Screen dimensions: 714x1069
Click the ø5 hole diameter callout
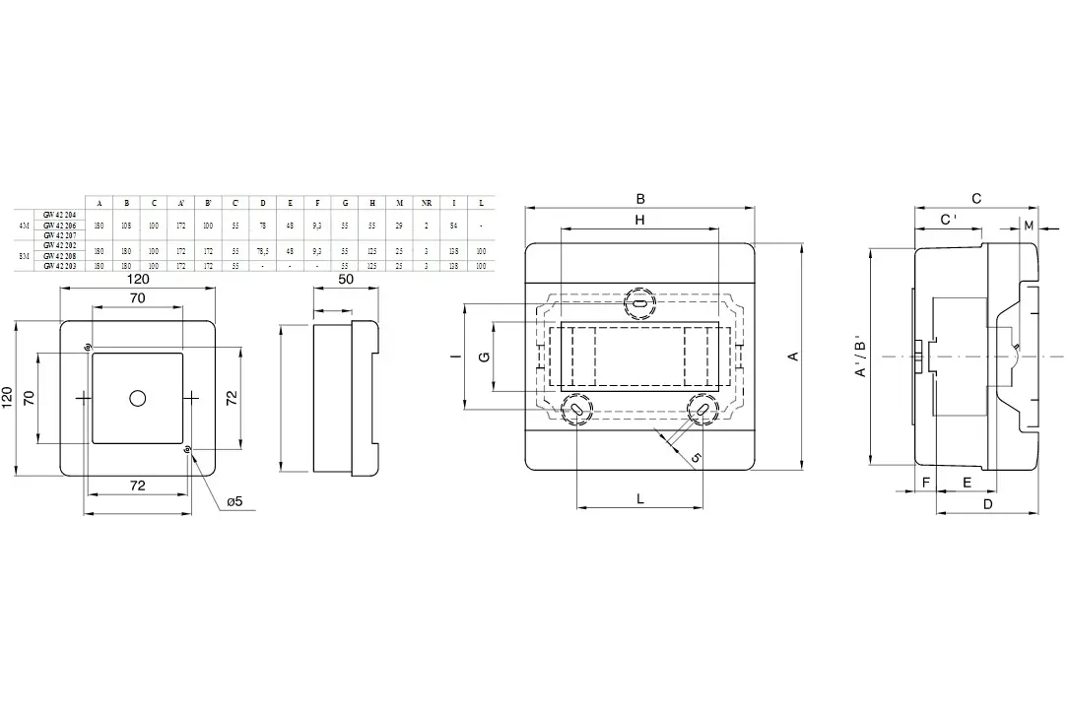pos(234,501)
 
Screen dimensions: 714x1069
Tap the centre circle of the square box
pos(137,397)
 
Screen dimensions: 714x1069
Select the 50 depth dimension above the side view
pos(345,280)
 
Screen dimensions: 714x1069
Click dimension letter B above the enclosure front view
pos(640,198)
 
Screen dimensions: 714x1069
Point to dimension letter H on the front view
pos(639,221)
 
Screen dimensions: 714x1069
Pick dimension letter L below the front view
pos(639,499)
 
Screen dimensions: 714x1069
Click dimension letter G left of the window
pos(485,357)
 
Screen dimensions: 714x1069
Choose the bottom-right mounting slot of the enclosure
pos(702,407)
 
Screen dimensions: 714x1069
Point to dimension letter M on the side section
pos(1029,226)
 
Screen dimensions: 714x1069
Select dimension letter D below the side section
pos(987,504)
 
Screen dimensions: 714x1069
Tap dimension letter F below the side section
pos(926,482)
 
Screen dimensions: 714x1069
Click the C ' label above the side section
pos(948,220)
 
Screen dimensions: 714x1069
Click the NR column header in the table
pos(426,203)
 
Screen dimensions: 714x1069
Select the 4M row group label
pos(25,226)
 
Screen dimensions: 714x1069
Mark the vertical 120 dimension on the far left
pos(9,397)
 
